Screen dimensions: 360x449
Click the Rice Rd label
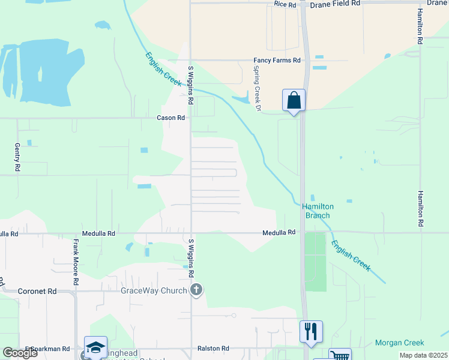(285, 4)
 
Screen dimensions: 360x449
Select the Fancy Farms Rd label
(277, 61)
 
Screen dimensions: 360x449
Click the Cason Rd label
(171, 118)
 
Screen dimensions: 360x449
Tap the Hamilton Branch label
(318, 211)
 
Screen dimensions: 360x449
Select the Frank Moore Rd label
(76, 262)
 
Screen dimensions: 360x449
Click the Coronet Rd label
(38, 291)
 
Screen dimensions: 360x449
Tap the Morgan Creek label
(399, 343)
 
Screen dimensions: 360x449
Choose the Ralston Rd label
(214, 349)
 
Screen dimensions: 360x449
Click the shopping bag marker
(294, 100)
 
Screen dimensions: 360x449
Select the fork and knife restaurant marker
(311, 331)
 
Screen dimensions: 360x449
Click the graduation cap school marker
(95, 347)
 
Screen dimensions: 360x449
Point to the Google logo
(20, 353)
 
